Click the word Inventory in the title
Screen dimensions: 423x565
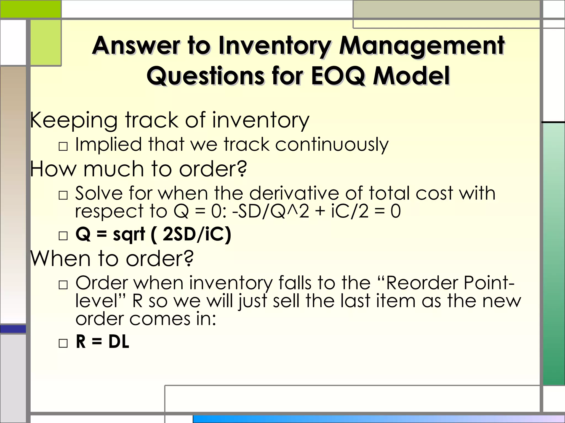276,46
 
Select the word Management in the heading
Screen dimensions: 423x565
422,46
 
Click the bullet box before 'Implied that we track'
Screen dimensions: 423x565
63,146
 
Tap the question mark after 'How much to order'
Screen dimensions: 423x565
242,169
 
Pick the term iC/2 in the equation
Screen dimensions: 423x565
350,211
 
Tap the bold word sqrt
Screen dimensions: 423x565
129,235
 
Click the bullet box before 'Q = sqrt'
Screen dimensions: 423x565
63,236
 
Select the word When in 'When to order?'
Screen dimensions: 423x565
60,259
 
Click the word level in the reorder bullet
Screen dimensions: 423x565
97,301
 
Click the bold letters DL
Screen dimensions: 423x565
119,342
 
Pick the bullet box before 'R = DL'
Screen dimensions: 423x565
63,343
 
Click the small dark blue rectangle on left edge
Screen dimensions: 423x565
13,329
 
